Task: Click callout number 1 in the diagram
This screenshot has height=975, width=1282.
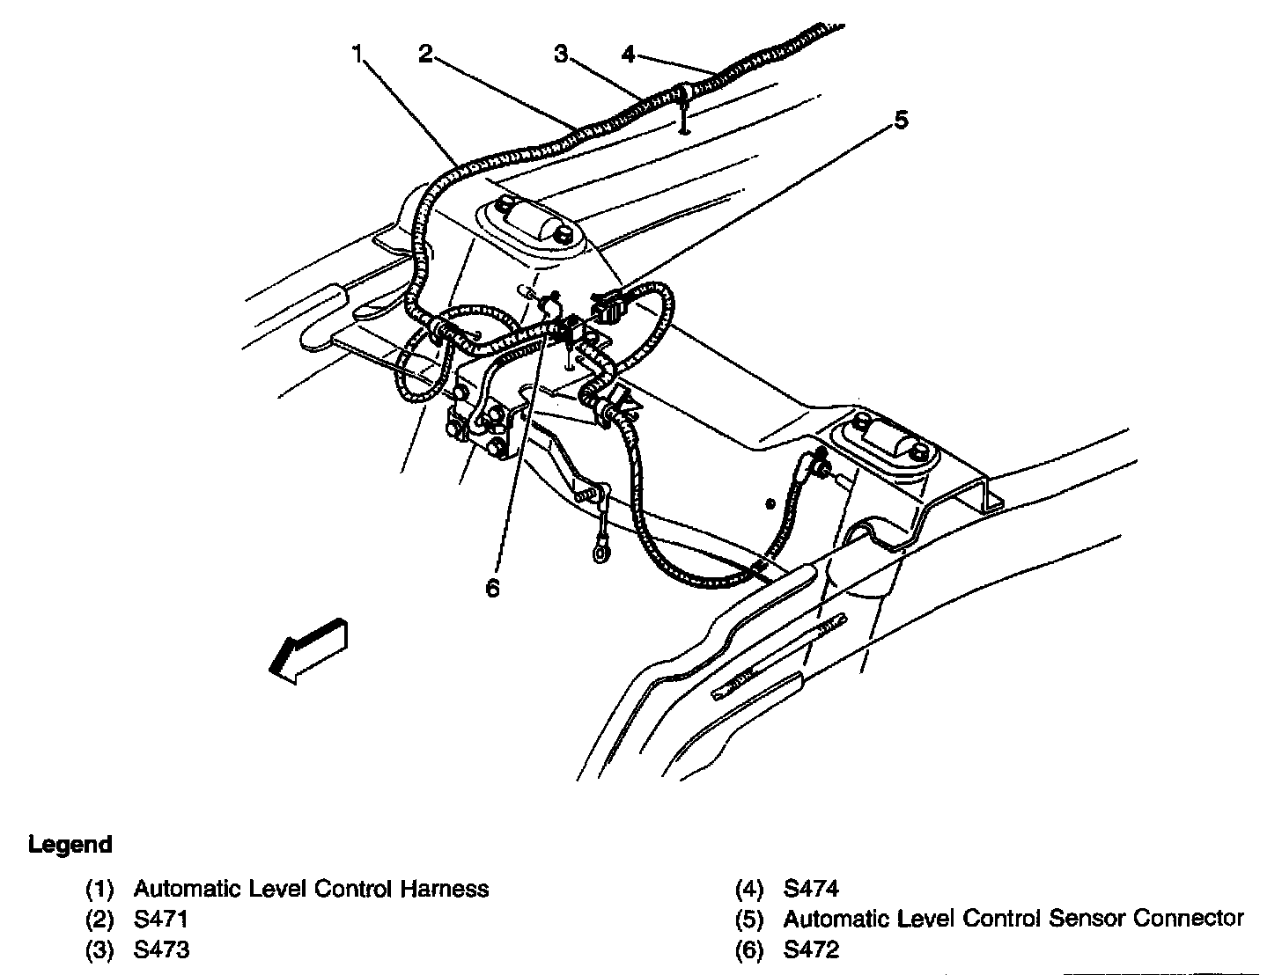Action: tap(357, 55)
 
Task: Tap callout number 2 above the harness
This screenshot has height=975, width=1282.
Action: tap(425, 55)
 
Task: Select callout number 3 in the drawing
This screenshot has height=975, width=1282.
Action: tap(561, 55)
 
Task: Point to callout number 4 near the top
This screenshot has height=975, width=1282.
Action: tap(627, 55)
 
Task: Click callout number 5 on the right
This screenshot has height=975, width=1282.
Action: tap(901, 121)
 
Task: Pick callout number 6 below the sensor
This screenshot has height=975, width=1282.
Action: tap(492, 588)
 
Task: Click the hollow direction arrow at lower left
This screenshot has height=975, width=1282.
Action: tap(309, 649)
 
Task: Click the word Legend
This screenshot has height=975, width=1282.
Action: tap(70, 845)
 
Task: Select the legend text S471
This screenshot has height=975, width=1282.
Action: tap(161, 920)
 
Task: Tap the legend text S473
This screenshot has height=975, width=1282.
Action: tap(161, 950)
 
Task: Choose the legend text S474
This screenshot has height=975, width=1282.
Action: tap(811, 890)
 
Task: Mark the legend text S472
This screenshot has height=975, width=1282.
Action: tap(811, 950)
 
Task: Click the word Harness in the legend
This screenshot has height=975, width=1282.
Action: tap(445, 890)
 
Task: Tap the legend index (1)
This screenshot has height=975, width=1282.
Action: tap(99, 890)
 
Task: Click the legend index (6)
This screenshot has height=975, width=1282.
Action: tap(749, 950)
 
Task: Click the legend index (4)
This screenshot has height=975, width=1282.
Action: tap(749, 890)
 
